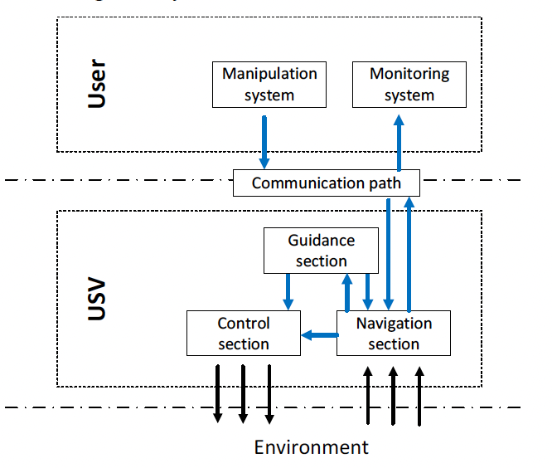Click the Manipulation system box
coord(269,84)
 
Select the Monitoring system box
coord(409,84)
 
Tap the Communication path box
coord(326,183)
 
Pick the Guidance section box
coord(321,251)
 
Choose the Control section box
coord(243,333)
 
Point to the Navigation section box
coord(393,333)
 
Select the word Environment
coord(311,447)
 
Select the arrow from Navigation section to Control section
coord(318,335)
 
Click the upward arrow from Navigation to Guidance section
coord(348,291)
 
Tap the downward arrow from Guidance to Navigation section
coord(368,291)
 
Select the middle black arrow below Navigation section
coord(393,395)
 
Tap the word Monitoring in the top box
coord(409,74)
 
